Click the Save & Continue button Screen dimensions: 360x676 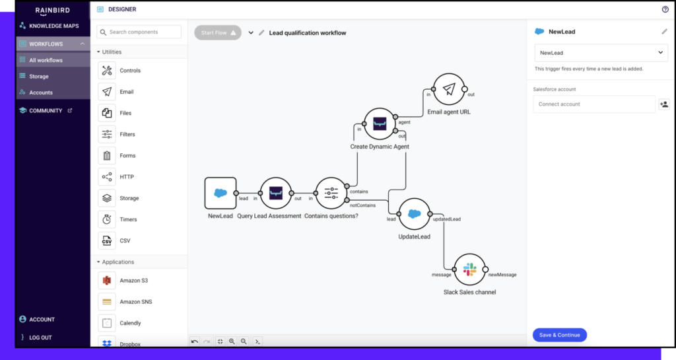[x=559, y=335]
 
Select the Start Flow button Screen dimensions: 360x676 [x=218, y=32]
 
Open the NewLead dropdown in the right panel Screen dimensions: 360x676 [x=601, y=53]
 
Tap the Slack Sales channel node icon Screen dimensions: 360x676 [x=470, y=270]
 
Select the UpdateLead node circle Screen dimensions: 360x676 [x=415, y=214]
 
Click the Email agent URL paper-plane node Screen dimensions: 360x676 [x=449, y=90]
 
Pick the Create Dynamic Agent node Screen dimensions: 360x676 [x=380, y=124]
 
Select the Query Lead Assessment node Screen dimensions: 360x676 [x=276, y=194]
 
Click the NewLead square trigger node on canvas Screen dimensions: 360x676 [x=220, y=194]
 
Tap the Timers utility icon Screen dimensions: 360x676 [x=107, y=219]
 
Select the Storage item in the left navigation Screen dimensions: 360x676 [x=39, y=77]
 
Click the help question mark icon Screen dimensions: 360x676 [x=665, y=9]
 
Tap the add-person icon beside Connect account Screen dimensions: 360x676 [x=663, y=104]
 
